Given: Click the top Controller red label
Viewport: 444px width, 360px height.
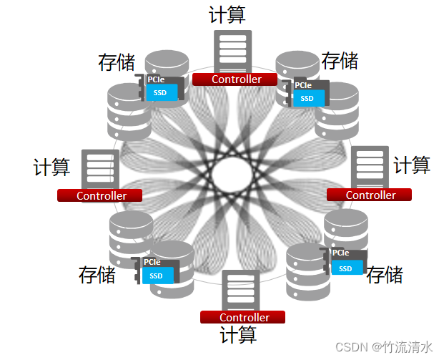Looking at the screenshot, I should click(236, 79).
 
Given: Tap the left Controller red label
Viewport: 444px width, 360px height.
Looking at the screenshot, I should click(100, 195).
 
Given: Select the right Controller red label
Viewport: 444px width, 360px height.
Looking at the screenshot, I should click(370, 195).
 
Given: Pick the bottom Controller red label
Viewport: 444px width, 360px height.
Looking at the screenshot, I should click(243, 317).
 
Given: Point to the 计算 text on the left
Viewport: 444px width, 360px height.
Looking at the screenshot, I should click(51, 167).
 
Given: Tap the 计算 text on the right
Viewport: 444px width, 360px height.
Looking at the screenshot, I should click(412, 165).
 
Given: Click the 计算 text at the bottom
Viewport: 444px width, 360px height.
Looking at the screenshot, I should click(238, 336).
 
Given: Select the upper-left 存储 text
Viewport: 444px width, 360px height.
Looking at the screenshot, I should click(117, 62).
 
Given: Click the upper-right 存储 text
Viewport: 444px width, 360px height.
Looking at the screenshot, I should click(340, 60).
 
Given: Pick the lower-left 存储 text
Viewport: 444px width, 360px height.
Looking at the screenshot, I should click(97, 274).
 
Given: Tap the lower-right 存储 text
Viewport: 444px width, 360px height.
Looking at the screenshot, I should click(385, 275).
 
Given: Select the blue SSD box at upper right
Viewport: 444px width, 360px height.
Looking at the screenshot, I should click(307, 98).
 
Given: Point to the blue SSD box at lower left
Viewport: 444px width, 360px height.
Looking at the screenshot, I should click(157, 276).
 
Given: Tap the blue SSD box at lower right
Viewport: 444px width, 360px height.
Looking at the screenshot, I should click(346, 268).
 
